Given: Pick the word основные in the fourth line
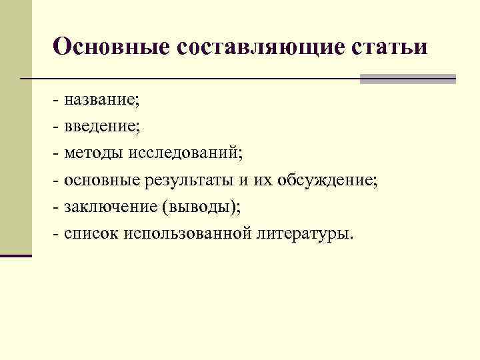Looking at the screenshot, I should pyautogui.click(x=101, y=181).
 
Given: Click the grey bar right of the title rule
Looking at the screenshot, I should pyautogui.click(x=407, y=79).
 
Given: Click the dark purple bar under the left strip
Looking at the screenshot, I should pyautogui.click(x=16, y=255).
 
